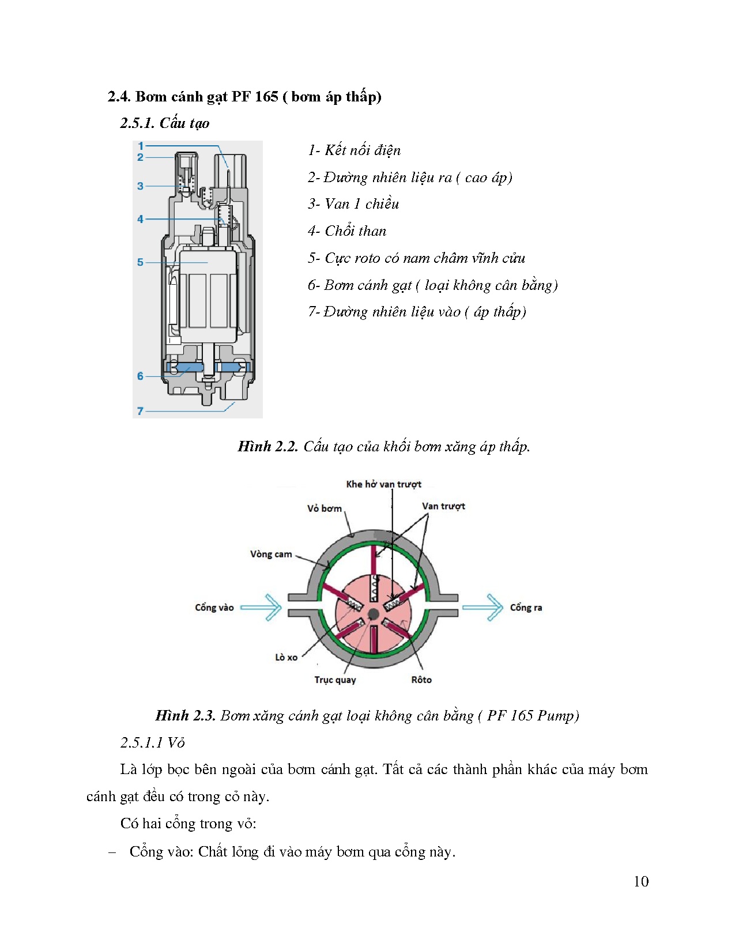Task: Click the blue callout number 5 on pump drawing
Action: point(140,262)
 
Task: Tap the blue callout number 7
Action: point(140,411)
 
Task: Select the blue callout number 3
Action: point(140,186)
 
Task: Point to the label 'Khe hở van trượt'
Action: point(383,484)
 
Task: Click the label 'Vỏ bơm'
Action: point(324,508)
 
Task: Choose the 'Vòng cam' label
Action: point(271,554)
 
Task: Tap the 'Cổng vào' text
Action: point(214,607)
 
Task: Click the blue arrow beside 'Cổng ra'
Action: point(483,607)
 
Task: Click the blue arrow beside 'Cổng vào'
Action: point(261,607)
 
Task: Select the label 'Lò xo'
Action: point(286,657)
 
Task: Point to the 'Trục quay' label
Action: point(335,680)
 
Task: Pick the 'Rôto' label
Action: point(421,680)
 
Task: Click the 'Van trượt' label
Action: point(443,506)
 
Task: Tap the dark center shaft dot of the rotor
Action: point(373,613)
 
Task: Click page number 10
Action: point(640,881)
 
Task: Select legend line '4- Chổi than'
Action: point(346,231)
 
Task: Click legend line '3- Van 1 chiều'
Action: point(353,204)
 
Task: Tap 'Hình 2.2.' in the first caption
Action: point(267,447)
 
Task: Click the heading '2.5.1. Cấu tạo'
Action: point(164,123)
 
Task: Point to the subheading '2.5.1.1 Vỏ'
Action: point(152,742)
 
